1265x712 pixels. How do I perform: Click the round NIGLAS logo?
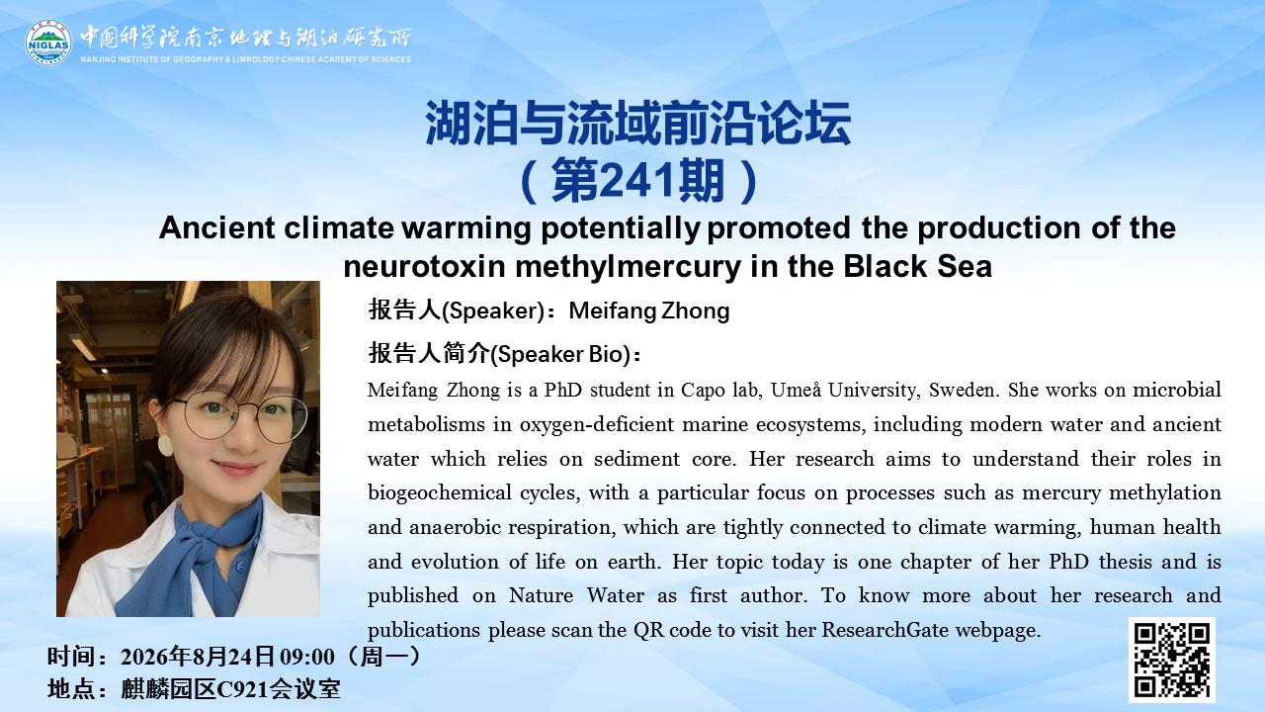[48, 43]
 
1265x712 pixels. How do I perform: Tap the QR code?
[1172, 660]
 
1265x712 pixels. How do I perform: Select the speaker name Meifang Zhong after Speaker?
[649, 311]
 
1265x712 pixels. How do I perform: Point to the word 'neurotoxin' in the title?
[424, 267]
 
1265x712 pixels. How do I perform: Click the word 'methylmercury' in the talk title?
[628, 267]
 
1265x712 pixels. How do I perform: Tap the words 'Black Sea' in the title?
[918, 266]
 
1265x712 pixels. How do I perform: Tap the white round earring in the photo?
[165, 445]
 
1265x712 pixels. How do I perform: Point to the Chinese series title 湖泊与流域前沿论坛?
[637, 124]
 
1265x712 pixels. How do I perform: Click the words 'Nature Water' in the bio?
[576, 595]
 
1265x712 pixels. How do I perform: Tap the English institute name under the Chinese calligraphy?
[246, 59]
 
